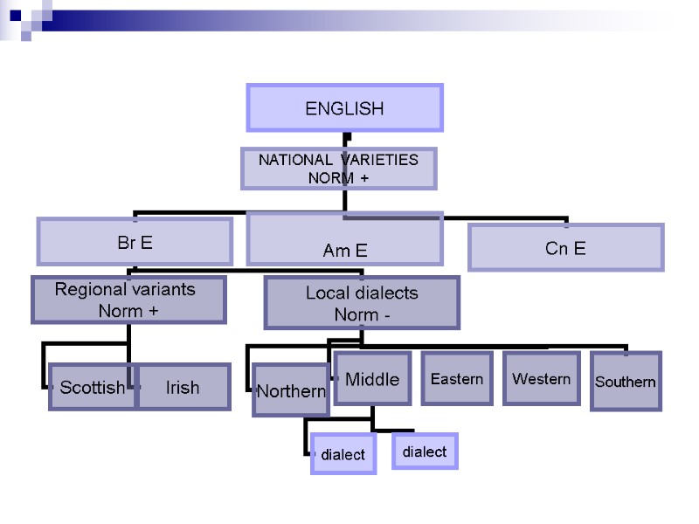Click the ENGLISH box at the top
345,108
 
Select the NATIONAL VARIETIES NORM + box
339,169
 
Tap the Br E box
135,242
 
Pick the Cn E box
565,248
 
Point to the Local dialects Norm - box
362,303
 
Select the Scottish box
92,387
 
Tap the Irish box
183,387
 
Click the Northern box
290,390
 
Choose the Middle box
372,379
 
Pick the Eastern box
457,379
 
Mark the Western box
542,379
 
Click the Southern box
626,382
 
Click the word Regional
90,289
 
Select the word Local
324,293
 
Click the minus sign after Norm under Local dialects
386,314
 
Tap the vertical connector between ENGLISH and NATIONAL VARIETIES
347,139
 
